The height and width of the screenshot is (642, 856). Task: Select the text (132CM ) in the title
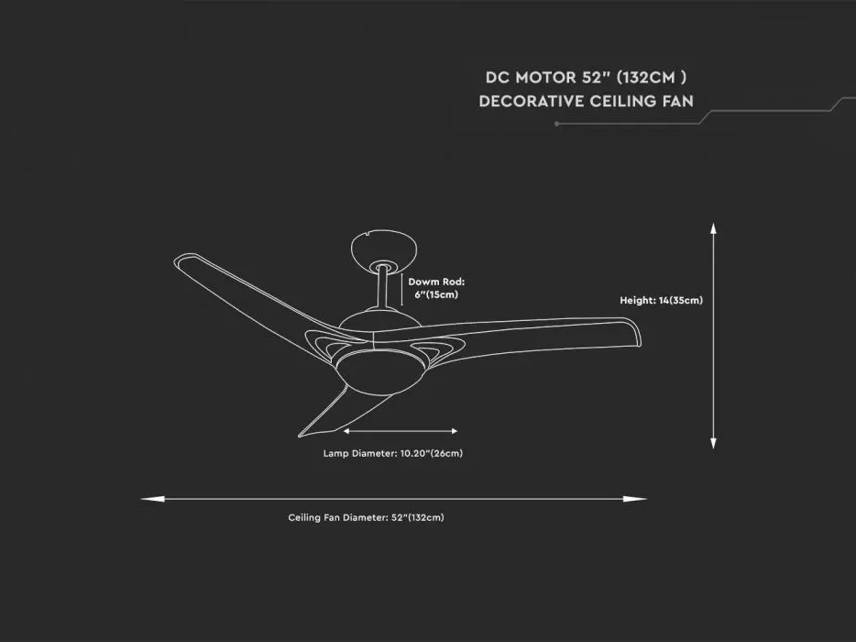point(652,78)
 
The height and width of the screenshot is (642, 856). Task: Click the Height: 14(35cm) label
point(661,300)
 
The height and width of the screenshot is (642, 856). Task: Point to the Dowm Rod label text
point(437,282)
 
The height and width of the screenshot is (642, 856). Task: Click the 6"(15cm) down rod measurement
point(436,294)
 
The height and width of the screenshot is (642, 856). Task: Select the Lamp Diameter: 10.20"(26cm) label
point(392,453)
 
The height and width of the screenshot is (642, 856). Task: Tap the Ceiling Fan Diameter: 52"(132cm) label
point(366,517)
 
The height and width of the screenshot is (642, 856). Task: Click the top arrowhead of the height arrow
point(713,228)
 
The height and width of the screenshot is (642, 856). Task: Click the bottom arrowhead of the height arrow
point(713,443)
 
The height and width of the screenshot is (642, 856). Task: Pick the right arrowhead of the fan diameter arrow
point(635,499)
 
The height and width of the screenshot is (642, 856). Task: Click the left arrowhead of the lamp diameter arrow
point(346,431)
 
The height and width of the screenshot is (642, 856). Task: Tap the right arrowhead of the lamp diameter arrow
point(455,431)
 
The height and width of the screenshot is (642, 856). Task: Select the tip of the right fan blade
point(640,335)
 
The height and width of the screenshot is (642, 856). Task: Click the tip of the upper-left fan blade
point(176,259)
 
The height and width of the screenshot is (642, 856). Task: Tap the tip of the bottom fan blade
point(300,436)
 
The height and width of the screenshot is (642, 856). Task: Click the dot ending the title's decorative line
point(556,124)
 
